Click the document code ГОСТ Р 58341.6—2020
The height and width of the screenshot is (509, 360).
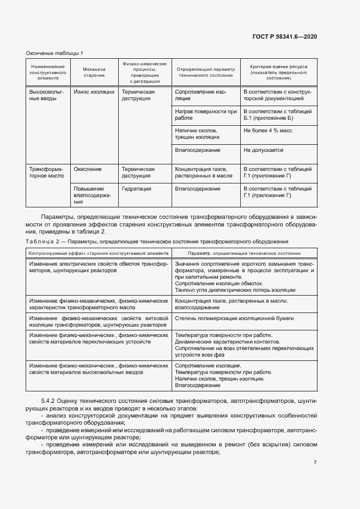(285, 37)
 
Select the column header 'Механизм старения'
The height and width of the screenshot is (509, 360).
(94, 73)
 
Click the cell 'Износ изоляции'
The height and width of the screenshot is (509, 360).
(94, 93)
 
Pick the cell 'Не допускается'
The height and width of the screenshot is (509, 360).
(263, 150)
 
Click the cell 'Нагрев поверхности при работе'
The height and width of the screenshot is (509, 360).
(206, 115)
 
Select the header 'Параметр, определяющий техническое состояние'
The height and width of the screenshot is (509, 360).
(244, 253)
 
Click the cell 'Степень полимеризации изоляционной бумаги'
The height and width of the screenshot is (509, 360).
(235, 317)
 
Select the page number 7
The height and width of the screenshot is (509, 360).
(315, 463)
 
